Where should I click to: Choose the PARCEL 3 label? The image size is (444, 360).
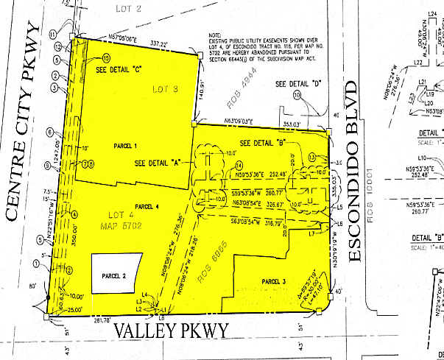tap(274, 281)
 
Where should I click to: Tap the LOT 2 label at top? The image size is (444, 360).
tap(129, 8)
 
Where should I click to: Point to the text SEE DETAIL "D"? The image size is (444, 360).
tap(300, 84)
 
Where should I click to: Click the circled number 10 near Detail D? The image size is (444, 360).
tap(297, 95)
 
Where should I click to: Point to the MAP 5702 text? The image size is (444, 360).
tap(103, 225)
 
